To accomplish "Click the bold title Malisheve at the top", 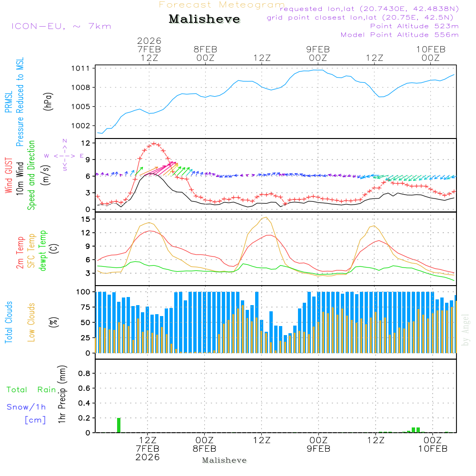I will tap(204, 19).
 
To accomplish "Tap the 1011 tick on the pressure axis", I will tap(83, 69).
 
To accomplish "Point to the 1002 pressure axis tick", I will tap(83, 126).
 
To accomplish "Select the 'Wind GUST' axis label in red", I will tap(9, 176).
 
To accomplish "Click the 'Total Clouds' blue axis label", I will tap(9, 322).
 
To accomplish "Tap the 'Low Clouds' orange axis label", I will tap(32, 322).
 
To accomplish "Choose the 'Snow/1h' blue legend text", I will tap(27, 407).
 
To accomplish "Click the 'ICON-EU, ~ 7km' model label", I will tap(61, 26).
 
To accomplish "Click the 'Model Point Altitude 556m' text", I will tap(399, 35).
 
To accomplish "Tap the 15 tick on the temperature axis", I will tap(86, 219).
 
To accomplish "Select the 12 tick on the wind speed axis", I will tap(86, 143).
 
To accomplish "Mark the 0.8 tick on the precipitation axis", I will tap(84, 373).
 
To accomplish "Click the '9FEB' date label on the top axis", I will tap(318, 50).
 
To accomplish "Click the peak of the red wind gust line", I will tap(154, 143).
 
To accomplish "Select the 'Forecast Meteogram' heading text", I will tap(222, 5).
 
